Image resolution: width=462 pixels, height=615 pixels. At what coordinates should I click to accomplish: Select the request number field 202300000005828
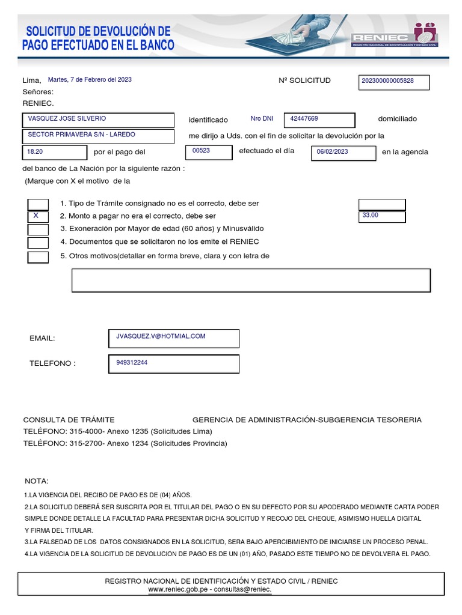pyautogui.click(x=394, y=82)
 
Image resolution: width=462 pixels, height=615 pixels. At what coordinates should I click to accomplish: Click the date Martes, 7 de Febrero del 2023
pyautogui.click(x=90, y=79)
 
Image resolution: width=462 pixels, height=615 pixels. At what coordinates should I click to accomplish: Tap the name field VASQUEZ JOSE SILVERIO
pyautogui.click(x=98, y=120)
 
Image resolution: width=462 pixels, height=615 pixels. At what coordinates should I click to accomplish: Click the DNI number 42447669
pyautogui.click(x=319, y=120)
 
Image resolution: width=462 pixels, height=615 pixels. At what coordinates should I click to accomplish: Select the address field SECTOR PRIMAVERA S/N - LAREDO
pyautogui.click(x=98, y=136)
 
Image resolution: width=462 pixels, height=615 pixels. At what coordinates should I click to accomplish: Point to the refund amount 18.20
pyautogui.click(x=55, y=153)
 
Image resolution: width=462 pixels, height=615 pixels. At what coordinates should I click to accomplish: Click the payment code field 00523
pyautogui.click(x=208, y=151)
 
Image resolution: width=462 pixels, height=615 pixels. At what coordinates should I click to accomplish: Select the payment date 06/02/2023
pyautogui.click(x=343, y=153)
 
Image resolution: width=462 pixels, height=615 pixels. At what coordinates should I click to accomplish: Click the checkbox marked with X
pyautogui.click(x=38, y=216)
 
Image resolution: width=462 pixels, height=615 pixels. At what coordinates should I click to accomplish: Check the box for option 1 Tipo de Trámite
pyautogui.click(x=38, y=204)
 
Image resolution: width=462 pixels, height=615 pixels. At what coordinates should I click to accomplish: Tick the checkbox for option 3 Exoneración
pyautogui.click(x=38, y=229)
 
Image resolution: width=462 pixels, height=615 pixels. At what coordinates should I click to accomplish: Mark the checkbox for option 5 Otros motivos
pyautogui.click(x=38, y=258)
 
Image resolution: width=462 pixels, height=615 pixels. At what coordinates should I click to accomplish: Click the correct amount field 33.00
pyautogui.click(x=381, y=216)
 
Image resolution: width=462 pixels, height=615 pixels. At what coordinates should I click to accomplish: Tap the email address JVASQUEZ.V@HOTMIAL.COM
pyautogui.click(x=173, y=338)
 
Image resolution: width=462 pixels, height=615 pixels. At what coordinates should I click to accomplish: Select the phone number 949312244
pyautogui.click(x=173, y=363)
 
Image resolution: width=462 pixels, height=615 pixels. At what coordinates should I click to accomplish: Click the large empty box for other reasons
pyautogui.click(x=251, y=280)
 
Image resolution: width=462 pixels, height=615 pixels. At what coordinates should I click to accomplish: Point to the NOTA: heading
pyautogui.click(x=37, y=481)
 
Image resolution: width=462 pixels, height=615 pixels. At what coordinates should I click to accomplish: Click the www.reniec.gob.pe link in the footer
pyautogui.click(x=177, y=590)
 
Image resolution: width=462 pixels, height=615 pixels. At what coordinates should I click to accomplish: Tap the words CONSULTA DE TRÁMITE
pyautogui.click(x=69, y=420)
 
